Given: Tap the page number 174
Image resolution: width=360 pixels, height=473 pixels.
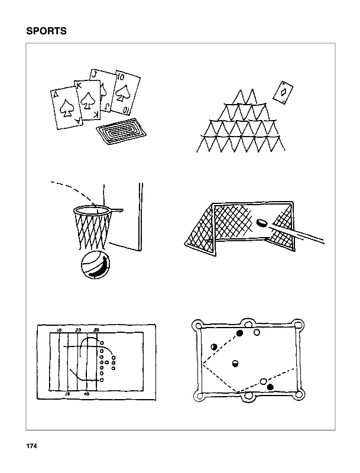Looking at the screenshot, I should [x=31, y=446].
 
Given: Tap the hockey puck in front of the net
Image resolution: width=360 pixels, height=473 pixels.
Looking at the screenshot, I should [x=261, y=223].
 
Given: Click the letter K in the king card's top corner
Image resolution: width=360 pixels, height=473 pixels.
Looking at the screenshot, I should [x=79, y=86].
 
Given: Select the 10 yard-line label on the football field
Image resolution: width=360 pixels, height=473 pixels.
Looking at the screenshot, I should [x=59, y=329].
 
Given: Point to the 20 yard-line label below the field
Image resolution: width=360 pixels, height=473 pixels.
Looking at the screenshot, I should [x=68, y=393].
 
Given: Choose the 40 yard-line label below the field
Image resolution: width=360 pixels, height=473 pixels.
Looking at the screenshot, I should [x=86, y=393].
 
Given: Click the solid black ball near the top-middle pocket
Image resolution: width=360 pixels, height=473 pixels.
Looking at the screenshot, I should [x=240, y=333].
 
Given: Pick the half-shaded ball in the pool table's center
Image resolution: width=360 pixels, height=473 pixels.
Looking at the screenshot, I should [x=235, y=363].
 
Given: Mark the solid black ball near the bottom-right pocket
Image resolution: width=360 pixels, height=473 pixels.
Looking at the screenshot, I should [x=270, y=387].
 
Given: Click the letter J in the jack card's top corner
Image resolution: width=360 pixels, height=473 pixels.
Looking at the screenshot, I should [x=95, y=74].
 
